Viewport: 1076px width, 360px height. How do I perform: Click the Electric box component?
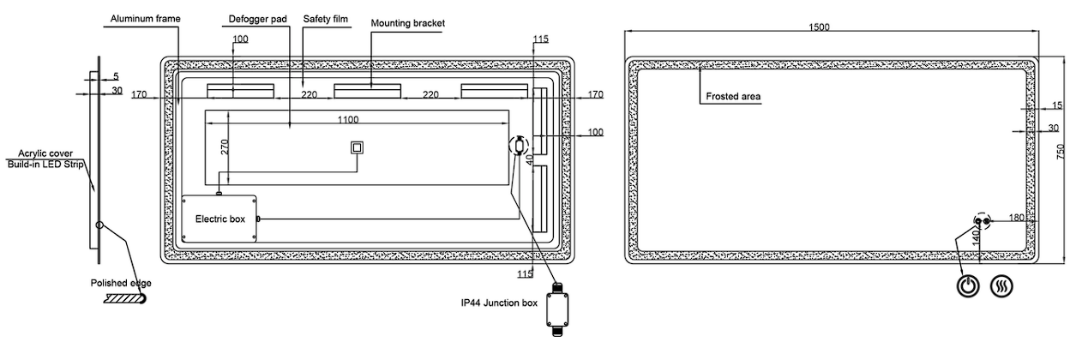(219, 219)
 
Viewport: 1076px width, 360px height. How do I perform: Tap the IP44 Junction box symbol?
(557, 309)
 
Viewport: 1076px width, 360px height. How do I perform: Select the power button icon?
(968, 286)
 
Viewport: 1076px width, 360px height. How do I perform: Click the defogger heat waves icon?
(1002, 286)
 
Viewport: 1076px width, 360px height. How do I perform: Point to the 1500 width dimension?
(819, 27)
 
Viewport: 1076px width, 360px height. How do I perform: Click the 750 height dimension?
(1061, 152)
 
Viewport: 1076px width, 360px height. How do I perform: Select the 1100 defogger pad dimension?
(348, 119)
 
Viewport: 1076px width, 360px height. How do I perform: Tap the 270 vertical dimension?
(225, 147)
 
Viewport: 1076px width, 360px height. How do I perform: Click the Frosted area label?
(733, 97)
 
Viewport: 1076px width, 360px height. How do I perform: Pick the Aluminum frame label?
(146, 19)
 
